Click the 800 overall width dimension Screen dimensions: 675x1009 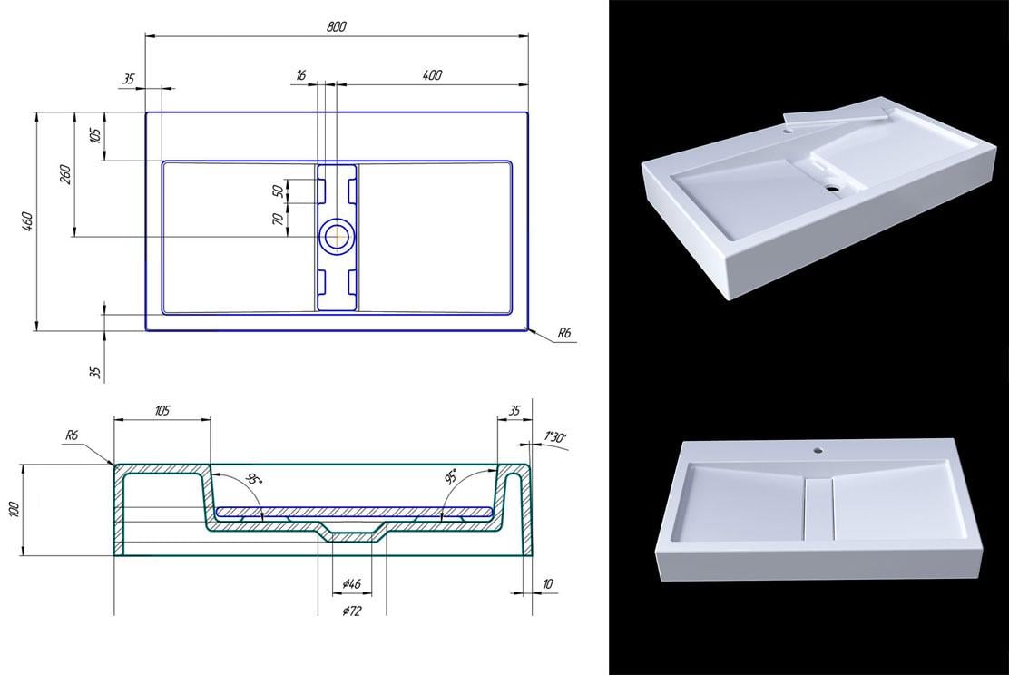[x=337, y=27]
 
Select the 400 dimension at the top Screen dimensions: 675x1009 [x=432, y=75]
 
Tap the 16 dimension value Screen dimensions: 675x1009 [x=300, y=75]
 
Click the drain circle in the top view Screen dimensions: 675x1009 [x=338, y=236]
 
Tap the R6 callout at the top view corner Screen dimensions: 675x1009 [x=563, y=334]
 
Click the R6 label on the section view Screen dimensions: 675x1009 [x=73, y=435]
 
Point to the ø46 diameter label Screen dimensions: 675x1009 [x=353, y=582]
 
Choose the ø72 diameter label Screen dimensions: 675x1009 [x=352, y=611]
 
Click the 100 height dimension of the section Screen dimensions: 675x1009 [x=14, y=509]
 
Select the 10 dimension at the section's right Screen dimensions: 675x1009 [x=546, y=584]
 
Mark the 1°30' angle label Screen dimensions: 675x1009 [x=555, y=438]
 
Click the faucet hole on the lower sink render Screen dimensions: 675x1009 [x=818, y=448]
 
